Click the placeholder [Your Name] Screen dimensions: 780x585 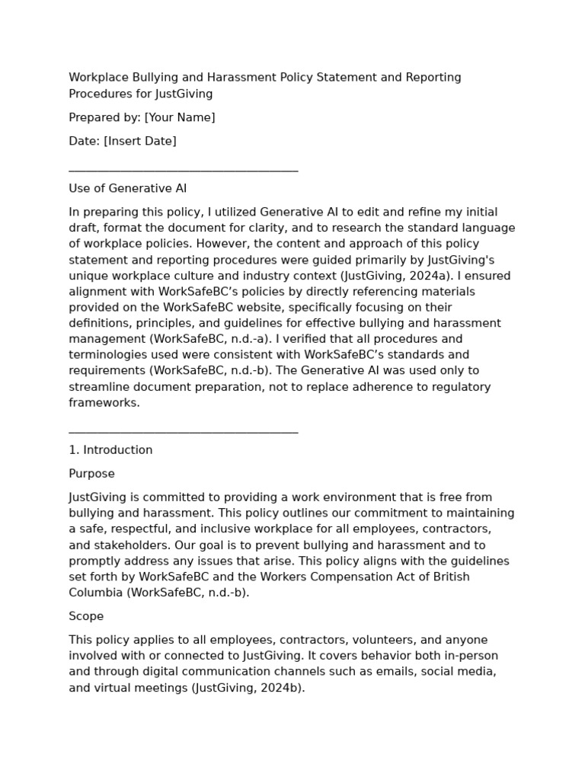(180, 117)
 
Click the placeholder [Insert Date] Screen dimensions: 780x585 (140, 141)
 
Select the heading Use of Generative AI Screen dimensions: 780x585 (127, 188)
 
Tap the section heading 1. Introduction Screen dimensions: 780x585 (110, 450)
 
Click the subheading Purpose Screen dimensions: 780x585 (91, 474)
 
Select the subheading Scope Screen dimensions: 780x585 (86, 616)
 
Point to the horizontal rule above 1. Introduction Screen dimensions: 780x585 (183, 433)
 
